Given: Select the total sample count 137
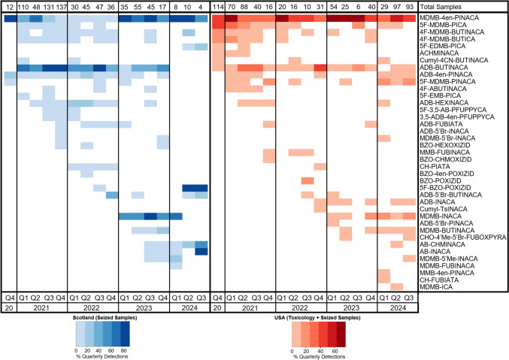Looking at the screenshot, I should point(61,7).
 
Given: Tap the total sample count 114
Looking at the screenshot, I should point(218,7).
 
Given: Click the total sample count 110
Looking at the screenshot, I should point(23,7).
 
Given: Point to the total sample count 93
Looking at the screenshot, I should point(410,7).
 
